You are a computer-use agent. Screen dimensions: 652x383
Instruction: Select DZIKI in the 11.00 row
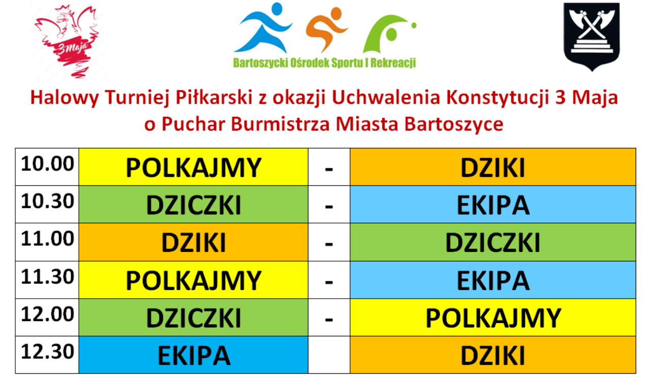194,242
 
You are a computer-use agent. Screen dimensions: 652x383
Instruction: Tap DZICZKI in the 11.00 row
493,242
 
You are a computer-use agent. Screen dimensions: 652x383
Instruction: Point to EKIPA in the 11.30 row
493,280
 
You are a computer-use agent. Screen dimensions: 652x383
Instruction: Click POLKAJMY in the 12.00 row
493,318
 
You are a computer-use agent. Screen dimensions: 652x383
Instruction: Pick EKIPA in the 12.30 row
194,356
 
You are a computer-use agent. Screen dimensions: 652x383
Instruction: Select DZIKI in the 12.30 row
493,356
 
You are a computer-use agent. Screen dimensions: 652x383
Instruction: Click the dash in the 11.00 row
329,244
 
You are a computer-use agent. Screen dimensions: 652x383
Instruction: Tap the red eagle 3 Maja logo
68,41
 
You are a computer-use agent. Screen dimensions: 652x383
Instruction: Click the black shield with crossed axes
592,37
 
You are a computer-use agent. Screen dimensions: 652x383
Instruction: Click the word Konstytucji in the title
498,98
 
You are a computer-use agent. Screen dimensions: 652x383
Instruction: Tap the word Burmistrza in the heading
281,124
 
